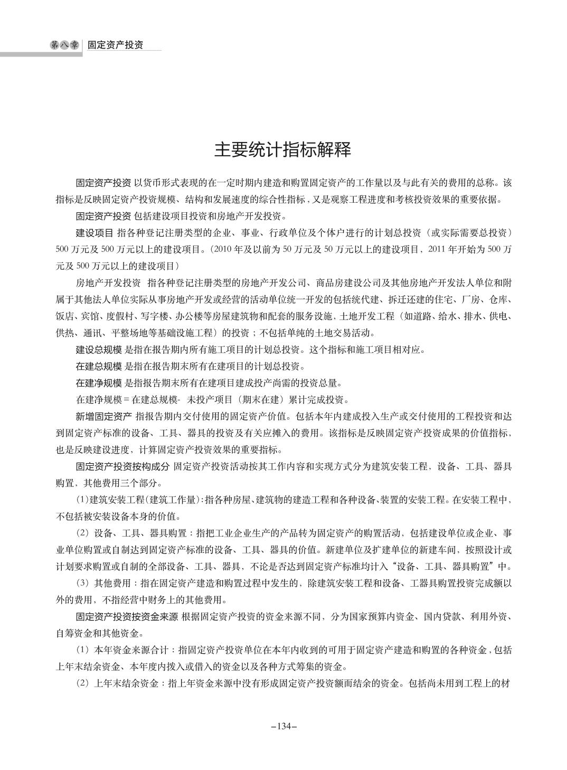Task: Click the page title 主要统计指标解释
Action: coord(282,150)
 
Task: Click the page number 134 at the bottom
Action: coord(284,726)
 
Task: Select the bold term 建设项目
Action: coord(94,232)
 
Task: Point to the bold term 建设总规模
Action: coord(99,349)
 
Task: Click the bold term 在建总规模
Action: coord(99,365)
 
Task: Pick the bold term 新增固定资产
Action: coord(103,416)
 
